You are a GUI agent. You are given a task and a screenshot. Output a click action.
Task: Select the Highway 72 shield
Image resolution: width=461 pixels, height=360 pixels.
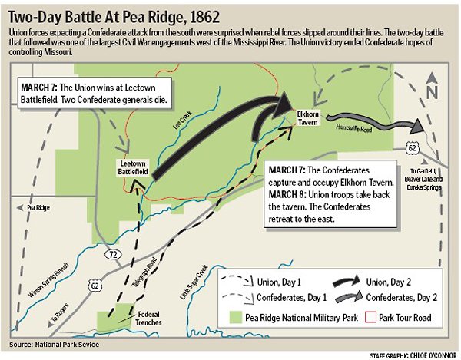click(x=112, y=251)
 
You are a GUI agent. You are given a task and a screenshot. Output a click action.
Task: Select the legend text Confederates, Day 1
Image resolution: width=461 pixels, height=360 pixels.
click(x=284, y=297)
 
